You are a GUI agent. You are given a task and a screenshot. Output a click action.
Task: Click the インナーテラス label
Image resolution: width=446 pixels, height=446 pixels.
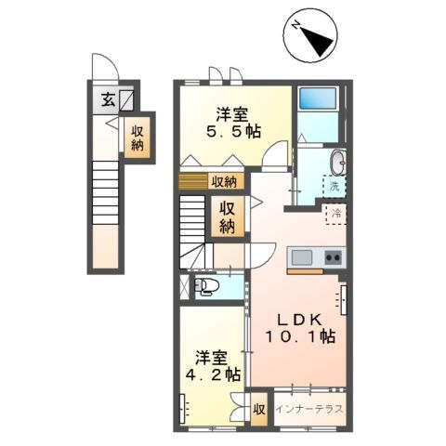[x=308, y=409]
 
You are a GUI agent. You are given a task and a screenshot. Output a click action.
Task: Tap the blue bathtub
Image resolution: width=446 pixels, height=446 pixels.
[x=319, y=99]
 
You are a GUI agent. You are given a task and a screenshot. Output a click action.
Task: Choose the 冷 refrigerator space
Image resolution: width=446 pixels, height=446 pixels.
[x=334, y=215]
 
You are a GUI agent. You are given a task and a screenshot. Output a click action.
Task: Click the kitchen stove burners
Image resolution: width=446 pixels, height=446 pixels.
[x=332, y=257]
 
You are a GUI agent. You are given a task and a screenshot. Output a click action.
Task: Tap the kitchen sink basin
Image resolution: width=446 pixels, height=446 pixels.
[x=301, y=257]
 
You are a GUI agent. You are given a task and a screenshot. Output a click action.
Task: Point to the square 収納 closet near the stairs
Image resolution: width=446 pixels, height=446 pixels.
[x=228, y=216]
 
